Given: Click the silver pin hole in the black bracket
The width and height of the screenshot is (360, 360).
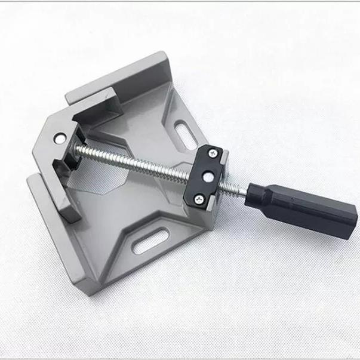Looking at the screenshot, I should click(x=207, y=176).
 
